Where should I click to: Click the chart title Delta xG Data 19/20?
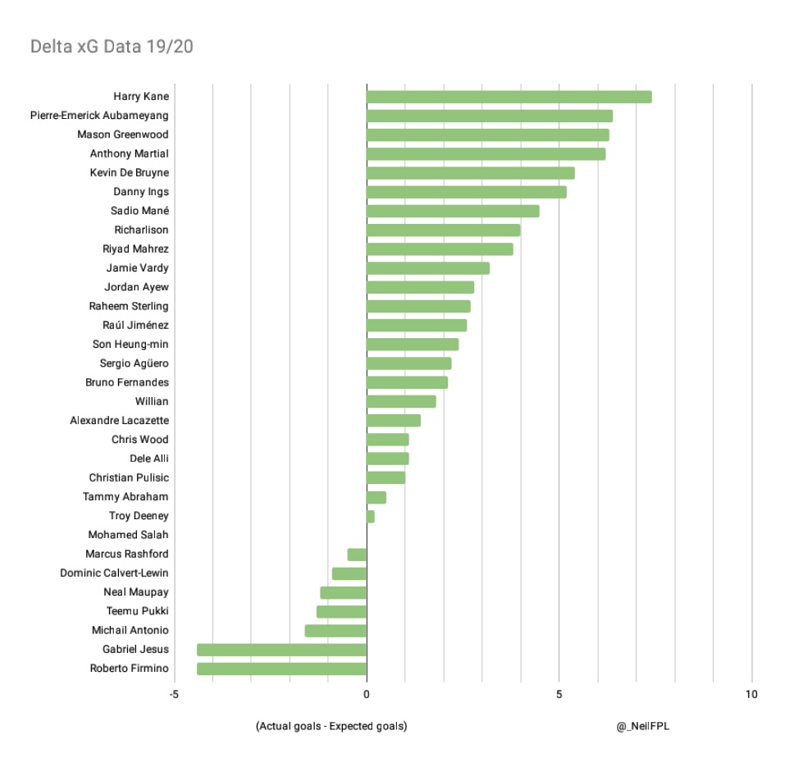[x=112, y=46]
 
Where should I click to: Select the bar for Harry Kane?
[x=509, y=97]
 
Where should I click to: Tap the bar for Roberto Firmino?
[x=281, y=669]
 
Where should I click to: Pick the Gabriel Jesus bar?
[x=281, y=650]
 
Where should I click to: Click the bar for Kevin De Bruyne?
[x=470, y=173]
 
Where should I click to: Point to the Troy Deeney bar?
[x=371, y=516]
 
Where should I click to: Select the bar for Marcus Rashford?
[x=357, y=555]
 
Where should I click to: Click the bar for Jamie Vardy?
[x=427, y=268]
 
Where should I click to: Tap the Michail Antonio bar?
[x=335, y=631]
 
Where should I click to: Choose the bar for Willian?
[x=401, y=401]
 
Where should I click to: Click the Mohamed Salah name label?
[x=128, y=535]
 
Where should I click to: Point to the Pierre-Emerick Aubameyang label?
[x=99, y=116]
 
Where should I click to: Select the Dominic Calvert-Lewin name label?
[x=114, y=573]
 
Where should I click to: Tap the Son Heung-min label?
[x=130, y=345]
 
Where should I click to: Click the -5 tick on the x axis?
[x=174, y=695]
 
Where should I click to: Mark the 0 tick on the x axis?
[x=367, y=695]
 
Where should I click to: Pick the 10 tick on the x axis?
[x=751, y=695]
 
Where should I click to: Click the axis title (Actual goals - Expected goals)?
[x=331, y=726]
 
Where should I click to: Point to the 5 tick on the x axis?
[x=559, y=695]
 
